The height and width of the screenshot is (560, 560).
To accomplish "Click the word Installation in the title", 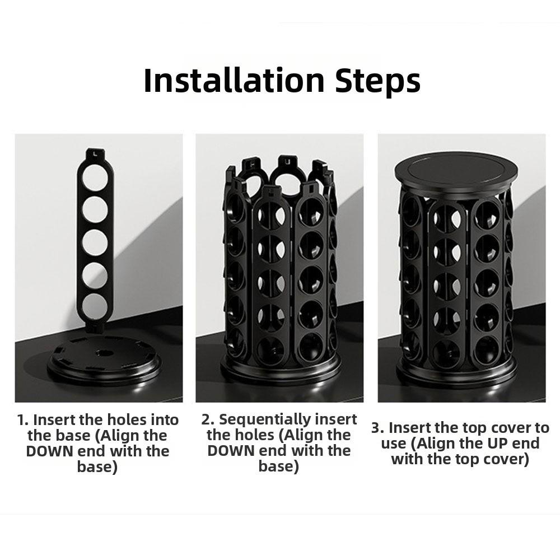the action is pyautogui.click(x=234, y=81).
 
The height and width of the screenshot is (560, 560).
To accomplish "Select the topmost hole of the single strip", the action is pyautogui.click(x=95, y=177).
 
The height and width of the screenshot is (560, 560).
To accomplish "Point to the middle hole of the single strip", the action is pyautogui.click(x=95, y=241).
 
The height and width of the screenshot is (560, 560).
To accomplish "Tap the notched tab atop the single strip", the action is pyautogui.click(x=95, y=155).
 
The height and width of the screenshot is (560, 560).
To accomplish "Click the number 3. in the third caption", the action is pyautogui.click(x=377, y=428).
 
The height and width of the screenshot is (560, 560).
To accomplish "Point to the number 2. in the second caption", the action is pyautogui.click(x=208, y=419).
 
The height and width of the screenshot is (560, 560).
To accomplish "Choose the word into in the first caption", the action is pyautogui.click(x=165, y=420).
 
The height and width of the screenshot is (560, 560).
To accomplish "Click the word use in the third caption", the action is pyautogui.click(x=393, y=444).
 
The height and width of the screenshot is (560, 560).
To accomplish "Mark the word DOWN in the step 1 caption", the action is pyautogui.click(x=49, y=451).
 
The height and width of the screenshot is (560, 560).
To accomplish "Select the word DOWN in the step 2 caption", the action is pyautogui.click(x=230, y=451).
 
